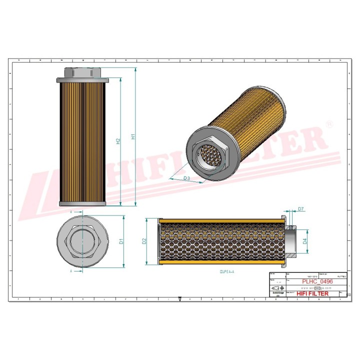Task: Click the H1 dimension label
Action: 132,136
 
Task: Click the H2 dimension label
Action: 118,142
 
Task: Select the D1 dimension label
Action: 121,242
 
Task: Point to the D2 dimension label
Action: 144,241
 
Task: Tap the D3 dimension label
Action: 186,178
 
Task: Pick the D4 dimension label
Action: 305,241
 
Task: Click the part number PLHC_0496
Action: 317,281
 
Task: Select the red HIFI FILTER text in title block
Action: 312,293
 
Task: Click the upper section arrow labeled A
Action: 71,212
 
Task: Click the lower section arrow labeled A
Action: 71,271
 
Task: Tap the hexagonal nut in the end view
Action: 82,242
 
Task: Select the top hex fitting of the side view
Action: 82,72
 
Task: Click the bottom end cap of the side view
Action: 82,203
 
